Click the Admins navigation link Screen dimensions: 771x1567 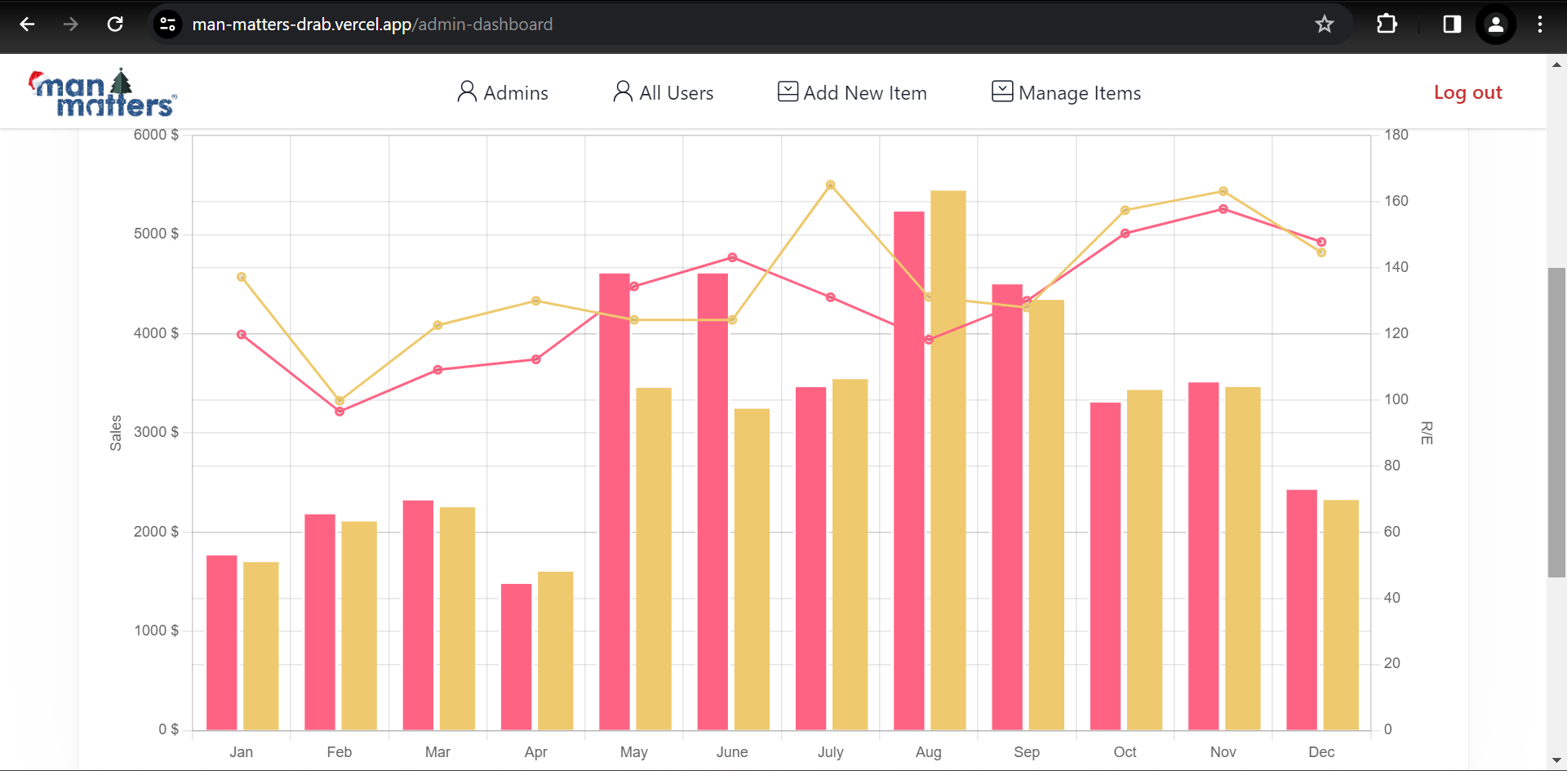pos(503,92)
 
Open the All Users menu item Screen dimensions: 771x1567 pos(664,92)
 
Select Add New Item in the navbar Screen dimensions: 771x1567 pos(852,92)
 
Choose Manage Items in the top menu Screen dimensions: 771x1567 pos(1066,92)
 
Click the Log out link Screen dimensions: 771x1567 pos(1467,92)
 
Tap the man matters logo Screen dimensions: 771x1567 pos(103,93)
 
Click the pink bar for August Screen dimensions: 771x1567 pos(908,470)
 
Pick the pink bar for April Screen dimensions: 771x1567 pos(516,657)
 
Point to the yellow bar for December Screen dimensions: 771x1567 pos(1341,614)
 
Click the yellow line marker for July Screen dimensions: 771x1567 pos(830,185)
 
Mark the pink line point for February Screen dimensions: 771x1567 pos(340,412)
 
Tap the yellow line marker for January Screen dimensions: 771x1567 pos(242,278)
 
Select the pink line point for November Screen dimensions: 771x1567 pos(1223,210)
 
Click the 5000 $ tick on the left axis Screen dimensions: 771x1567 pos(156,234)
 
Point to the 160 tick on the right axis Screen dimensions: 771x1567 pos(1396,201)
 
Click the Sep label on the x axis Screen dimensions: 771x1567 pos(1026,751)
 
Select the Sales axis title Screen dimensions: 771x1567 pos(116,433)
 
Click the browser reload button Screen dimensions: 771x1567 pos(115,25)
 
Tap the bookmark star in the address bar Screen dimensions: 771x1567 pos(1324,25)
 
